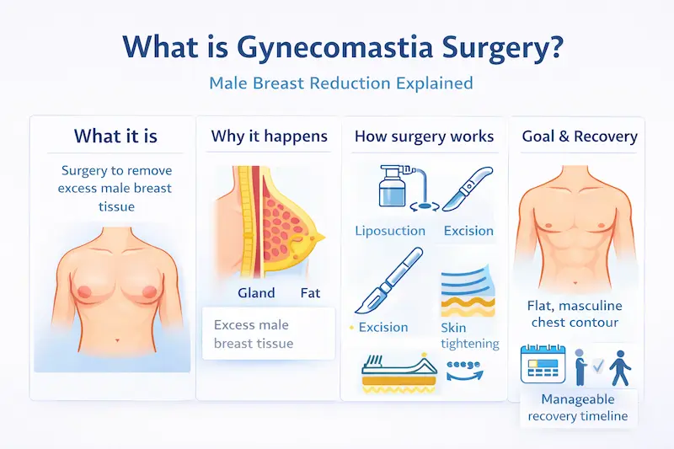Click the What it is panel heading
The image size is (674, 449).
pyautogui.click(x=115, y=136)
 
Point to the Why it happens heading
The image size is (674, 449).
pyautogui.click(x=269, y=136)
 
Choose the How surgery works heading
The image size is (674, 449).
pyautogui.click(x=424, y=136)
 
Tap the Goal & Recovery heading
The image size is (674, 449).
pyautogui.click(x=580, y=136)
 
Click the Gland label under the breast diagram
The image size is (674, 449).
pyautogui.click(x=255, y=293)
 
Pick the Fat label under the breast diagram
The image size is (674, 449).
pyautogui.click(x=311, y=293)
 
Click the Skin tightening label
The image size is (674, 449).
pyautogui.click(x=469, y=335)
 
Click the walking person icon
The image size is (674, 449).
pyautogui.click(x=622, y=364)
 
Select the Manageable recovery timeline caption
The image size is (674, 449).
pyautogui.click(x=577, y=408)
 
